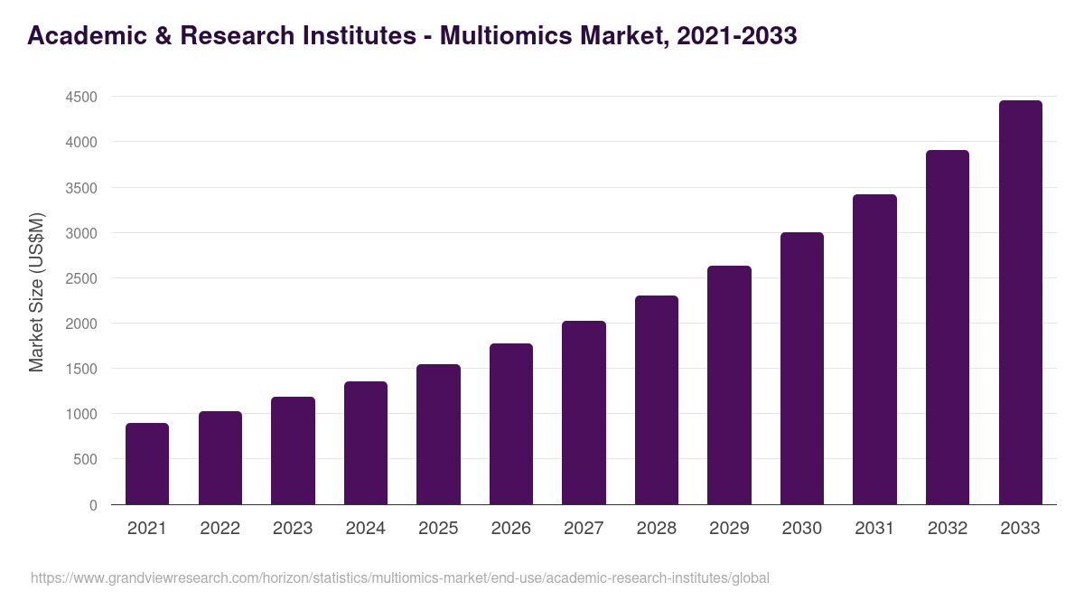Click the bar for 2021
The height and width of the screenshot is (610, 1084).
147,464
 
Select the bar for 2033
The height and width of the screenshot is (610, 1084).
1020,303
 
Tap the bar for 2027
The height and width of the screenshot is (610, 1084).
584,413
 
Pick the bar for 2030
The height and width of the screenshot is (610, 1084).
802,369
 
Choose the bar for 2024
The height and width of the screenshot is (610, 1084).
366,443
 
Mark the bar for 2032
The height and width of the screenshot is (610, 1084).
948,327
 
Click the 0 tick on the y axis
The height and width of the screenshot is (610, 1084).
93,505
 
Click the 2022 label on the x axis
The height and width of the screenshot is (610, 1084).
220,529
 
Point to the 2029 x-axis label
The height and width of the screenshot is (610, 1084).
729,529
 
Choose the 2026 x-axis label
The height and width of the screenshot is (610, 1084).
511,529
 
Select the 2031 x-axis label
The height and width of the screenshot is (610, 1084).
874,529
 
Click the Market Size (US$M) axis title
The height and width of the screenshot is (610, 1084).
36,292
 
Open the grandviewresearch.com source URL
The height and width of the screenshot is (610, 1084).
400,577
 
